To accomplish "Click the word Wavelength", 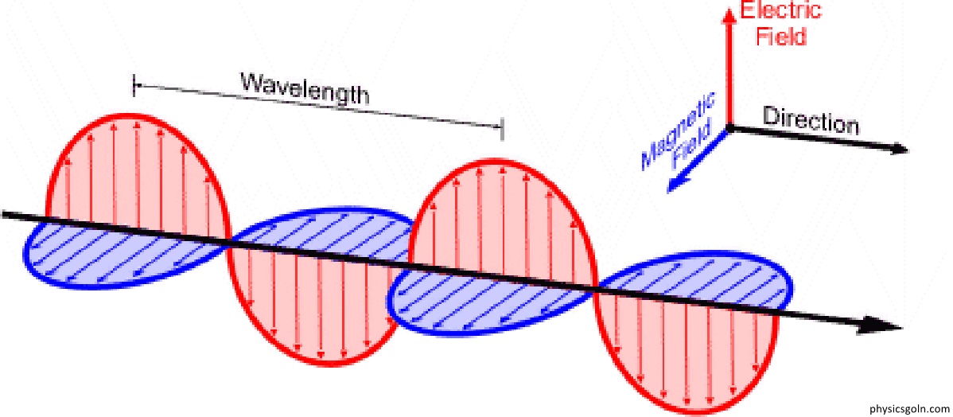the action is [x=304, y=89].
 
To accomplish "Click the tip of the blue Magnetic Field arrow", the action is [x=667, y=192].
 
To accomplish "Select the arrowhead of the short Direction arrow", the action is [x=900, y=150].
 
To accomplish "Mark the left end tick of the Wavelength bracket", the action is [x=134, y=86].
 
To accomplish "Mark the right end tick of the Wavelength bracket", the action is [x=502, y=130].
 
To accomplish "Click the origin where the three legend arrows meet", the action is [x=729, y=127].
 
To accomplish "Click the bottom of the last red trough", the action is [x=687, y=414].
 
